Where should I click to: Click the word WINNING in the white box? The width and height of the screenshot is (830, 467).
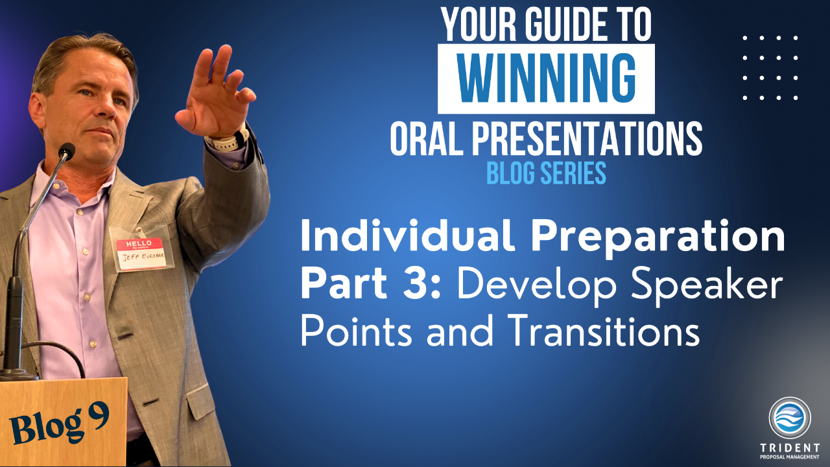546,78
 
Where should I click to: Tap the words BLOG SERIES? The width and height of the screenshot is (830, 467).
546,173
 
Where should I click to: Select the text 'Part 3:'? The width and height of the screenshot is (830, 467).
371,283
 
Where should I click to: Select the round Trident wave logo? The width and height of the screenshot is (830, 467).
790,418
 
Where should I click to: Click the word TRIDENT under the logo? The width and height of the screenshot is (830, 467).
790,448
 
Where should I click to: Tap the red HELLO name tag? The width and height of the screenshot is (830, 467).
140,254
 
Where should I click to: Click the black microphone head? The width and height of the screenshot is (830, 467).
67,151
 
